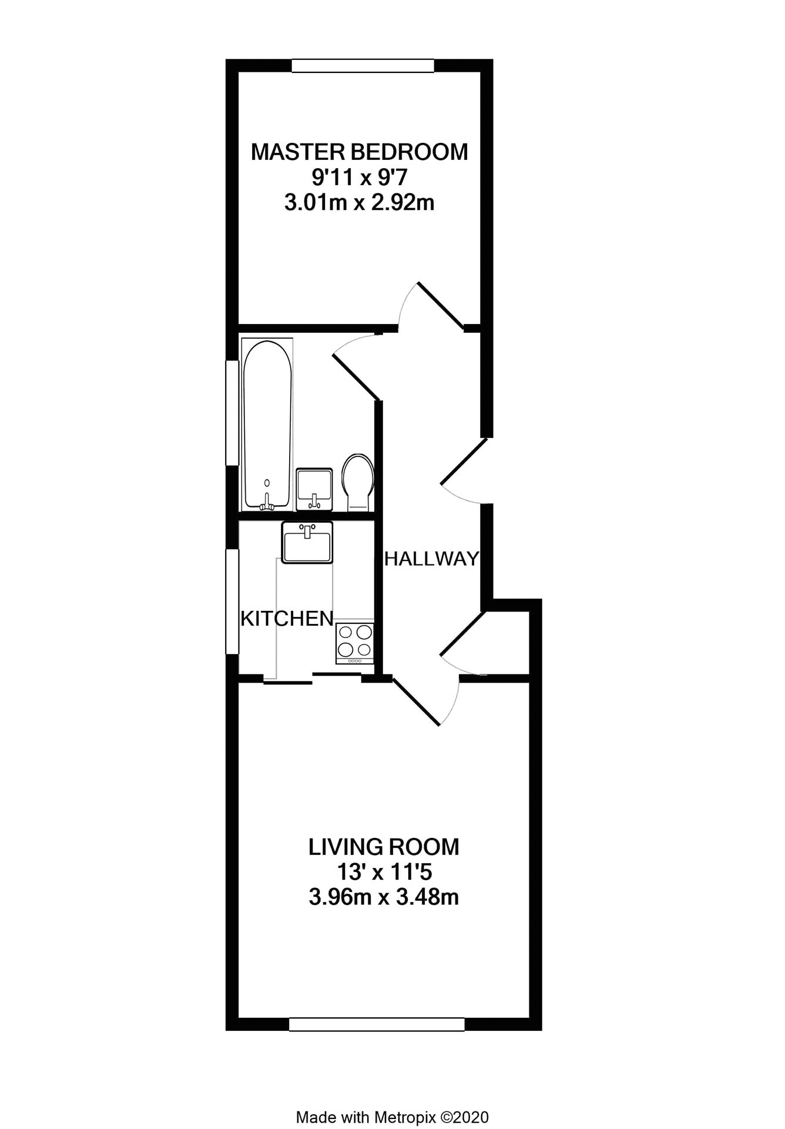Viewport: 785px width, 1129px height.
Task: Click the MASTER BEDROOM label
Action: coord(359,152)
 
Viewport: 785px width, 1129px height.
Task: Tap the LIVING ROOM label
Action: coord(384,847)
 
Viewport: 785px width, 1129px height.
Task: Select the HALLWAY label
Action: coord(432,559)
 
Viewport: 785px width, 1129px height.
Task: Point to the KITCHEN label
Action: coord(287,618)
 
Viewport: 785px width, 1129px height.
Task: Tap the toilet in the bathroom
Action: coord(357,482)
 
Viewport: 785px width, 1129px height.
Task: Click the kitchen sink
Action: coord(307,542)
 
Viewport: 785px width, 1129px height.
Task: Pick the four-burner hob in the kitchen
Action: coord(355,643)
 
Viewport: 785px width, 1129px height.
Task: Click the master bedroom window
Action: coord(363,65)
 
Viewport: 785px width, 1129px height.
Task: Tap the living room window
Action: coord(377,1024)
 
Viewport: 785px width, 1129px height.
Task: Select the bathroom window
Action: coord(233,413)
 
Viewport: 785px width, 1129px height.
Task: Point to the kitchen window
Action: coord(233,602)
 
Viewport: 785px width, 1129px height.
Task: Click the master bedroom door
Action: coord(439,303)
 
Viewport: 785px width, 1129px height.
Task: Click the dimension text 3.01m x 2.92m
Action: coord(359,203)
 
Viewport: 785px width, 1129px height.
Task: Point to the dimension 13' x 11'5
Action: coord(384,873)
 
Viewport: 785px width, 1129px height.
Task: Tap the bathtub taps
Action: coord(267,502)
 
